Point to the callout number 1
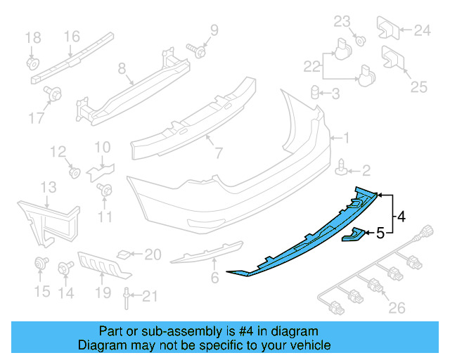(345, 139)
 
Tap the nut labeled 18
(32, 63)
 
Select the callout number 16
(72, 37)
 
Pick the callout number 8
(121, 69)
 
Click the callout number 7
(218, 152)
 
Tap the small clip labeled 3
(316, 92)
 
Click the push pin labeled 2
(342, 169)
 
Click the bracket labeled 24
(388, 27)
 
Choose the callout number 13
(48, 187)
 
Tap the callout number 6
(215, 278)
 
